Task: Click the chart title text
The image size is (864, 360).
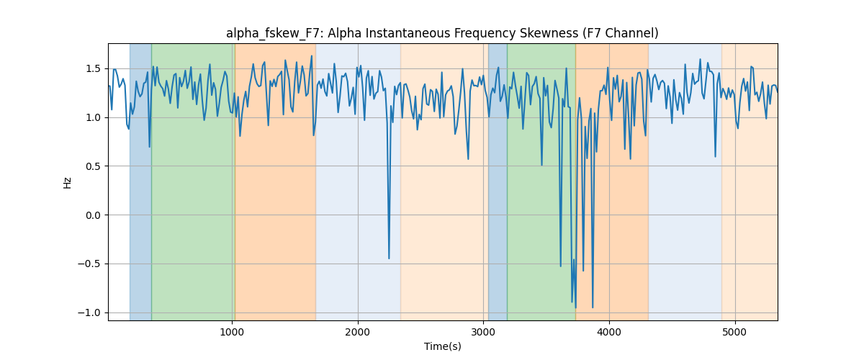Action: tap(442, 34)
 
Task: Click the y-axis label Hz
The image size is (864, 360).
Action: tap(67, 182)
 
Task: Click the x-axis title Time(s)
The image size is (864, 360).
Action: tap(442, 346)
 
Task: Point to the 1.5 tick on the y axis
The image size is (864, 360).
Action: tap(93, 68)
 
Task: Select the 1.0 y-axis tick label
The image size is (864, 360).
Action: tap(93, 117)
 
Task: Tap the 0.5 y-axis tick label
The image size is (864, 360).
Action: tap(93, 166)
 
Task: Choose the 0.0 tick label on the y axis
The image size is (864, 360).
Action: tap(93, 215)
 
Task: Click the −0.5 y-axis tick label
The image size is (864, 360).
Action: tap(89, 264)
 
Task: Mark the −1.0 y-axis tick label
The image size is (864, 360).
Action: tap(89, 312)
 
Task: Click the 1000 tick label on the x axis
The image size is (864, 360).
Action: tap(232, 332)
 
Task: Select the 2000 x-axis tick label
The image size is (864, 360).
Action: tap(358, 332)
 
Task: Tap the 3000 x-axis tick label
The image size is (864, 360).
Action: tap(484, 332)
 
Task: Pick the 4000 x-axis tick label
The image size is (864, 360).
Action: tap(609, 332)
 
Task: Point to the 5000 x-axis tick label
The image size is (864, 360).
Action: tap(735, 332)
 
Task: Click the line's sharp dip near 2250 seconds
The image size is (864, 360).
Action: tap(389, 258)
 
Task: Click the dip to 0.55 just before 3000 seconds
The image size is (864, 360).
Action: tap(468, 158)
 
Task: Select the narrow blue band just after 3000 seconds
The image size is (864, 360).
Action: tap(498, 181)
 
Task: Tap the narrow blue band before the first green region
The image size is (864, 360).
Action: tap(140, 181)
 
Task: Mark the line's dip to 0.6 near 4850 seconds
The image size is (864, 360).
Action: tap(715, 156)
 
